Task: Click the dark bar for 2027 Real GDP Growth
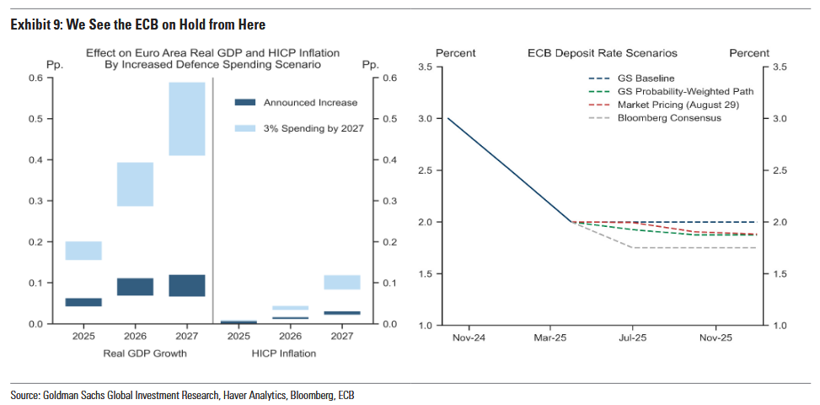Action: coord(186,285)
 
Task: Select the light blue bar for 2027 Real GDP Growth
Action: coord(186,119)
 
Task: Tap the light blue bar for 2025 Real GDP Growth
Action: coord(83,251)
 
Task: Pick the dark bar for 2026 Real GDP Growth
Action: coord(135,287)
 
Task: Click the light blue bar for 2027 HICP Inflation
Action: coord(341,282)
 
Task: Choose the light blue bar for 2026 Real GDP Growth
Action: coord(135,184)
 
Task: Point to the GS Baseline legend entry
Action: coord(646,78)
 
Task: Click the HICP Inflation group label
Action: coord(284,354)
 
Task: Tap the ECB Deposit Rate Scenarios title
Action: coord(602,53)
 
